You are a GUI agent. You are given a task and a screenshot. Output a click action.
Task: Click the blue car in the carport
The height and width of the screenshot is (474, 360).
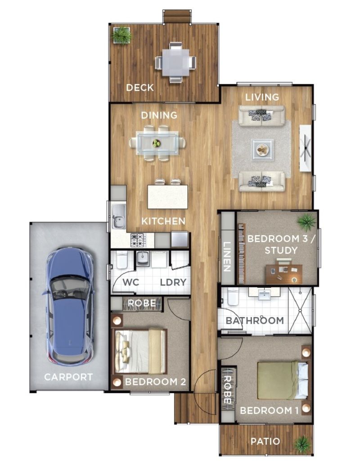click(x=70, y=306)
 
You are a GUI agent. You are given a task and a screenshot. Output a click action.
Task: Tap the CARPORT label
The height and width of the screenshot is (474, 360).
click(x=68, y=377)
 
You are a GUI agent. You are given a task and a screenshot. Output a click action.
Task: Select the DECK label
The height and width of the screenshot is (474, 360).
click(x=139, y=87)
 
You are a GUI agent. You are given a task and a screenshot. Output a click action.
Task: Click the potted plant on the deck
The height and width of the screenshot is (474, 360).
click(x=121, y=35)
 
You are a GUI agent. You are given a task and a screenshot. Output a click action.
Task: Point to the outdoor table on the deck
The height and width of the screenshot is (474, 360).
click(x=175, y=63)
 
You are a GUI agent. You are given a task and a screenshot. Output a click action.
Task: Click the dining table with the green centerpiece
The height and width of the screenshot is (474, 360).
click(x=157, y=143)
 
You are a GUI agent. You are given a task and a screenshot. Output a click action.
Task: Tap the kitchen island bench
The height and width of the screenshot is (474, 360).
click(x=167, y=197)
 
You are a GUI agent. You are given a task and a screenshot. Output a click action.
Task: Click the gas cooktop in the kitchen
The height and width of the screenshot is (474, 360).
click(x=138, y=240)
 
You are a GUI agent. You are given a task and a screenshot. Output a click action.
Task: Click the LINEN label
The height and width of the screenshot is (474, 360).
click(x=226, y=257)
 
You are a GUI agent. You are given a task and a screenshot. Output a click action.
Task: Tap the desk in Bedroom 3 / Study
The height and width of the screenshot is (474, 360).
click(x=283, y=273)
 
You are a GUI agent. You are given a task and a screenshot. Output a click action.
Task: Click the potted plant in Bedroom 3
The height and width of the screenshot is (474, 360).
click(x=307, y=221)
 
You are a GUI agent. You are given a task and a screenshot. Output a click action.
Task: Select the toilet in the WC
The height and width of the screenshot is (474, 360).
click(x=122, y=259)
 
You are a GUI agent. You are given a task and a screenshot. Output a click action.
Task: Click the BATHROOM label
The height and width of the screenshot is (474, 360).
click(x=254, y=321)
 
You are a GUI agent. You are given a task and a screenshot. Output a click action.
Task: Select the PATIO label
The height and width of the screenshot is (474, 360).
click(x=265, y=441)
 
